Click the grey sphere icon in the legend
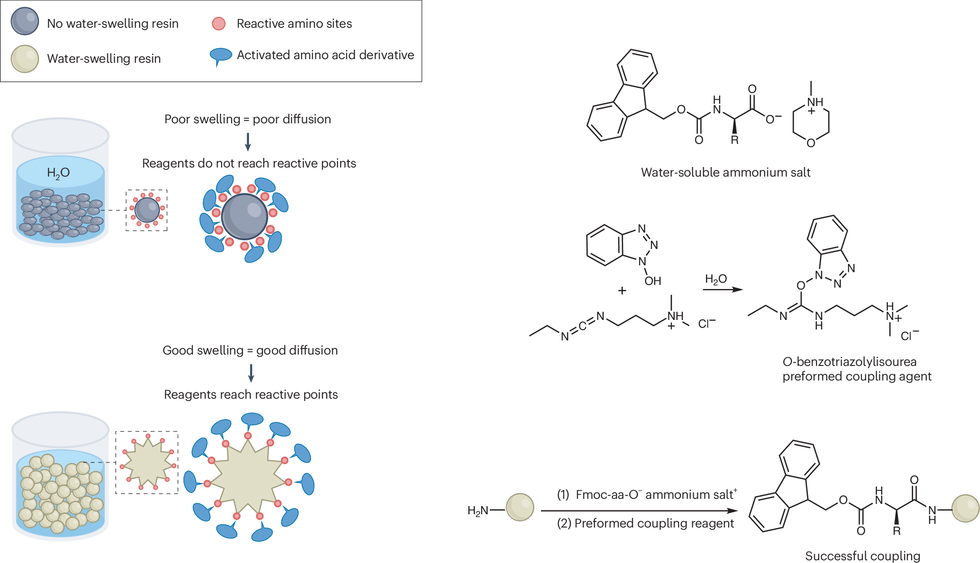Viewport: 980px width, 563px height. click(25, 21)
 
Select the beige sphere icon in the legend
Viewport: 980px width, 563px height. click(25, 59)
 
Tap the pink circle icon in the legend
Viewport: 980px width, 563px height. click(219, 23)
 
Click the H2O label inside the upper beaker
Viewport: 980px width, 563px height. click(58, 173)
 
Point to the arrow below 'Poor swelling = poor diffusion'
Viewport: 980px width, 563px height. click(248, 142)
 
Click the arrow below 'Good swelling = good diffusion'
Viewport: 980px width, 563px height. click(251, 373)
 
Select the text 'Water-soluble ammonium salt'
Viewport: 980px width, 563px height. click(726, 172)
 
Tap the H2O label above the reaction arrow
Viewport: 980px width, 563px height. click(716, 279)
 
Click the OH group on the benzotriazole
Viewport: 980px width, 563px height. click(653, 281)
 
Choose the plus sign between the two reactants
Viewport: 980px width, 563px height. click(622, 290)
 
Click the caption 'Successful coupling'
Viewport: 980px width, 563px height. click(863, 556)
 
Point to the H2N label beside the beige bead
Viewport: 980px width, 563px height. click(477, 511)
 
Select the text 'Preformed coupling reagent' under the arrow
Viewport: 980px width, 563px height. click(654, 523)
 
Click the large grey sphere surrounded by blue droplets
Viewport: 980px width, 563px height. click(244, 217)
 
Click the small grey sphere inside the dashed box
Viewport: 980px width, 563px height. click(147, 210)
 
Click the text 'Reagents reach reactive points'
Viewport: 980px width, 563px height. click(251, 395)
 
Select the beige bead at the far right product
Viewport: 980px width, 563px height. click(965, 508)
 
